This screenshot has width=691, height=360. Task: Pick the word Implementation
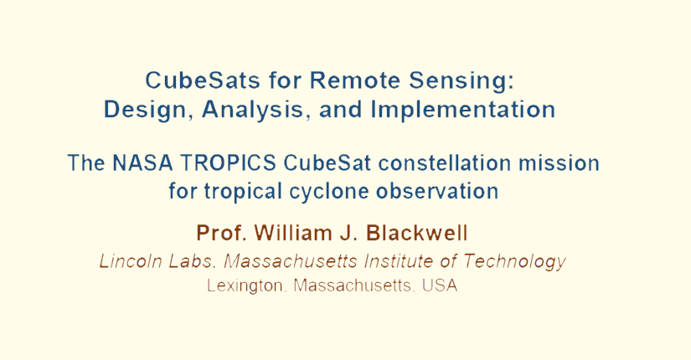(462, 111)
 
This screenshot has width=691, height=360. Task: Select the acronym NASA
(142, 163)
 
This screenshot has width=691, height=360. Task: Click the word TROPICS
(229, 163)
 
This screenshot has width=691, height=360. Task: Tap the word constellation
(445, 163)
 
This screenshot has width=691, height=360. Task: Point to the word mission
(559, 163)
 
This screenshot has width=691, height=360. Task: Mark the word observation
(437, 191)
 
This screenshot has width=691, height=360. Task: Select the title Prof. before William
(221, 233)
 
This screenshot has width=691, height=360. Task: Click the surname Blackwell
(417, 233)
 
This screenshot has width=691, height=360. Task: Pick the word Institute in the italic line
(399, 261)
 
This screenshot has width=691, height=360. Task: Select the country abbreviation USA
(440, 285)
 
